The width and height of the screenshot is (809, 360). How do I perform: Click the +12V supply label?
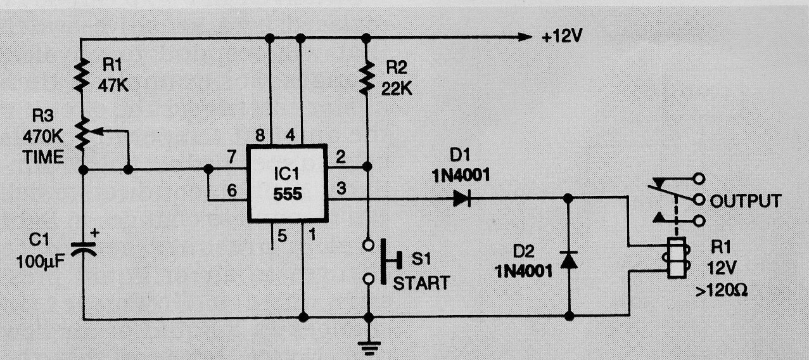pyautogui.click(x=563, y=37)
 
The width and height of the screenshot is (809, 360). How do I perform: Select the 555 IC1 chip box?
pyautogui.click(x=288, y=183)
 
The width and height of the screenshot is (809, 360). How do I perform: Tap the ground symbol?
pyautogui.click(x=369, y=347)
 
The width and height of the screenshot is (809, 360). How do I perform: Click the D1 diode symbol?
pyautogui.click(x=462, y=198)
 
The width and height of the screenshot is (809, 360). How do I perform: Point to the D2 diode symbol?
pyautogui.click(x=568, y=260)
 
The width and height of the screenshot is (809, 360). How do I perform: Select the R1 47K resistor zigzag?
pyautogui.click(x=82, y=75)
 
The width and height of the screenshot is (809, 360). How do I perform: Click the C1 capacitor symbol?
pyautogui.click(x=84, y=249)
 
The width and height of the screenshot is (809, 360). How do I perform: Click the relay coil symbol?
pyautogui.click(x=676, y=258)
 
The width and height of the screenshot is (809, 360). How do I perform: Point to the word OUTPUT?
pyautogui.click(x=746, y=201)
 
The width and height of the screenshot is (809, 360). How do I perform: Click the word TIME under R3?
pyautogui.click(x=43, y=157)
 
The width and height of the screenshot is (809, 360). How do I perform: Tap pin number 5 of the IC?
pyautogui.click(x=282, y=236)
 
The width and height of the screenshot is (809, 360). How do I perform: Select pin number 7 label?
pyautogui.click(x=231, y=157)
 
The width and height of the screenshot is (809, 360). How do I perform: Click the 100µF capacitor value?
pyautogui.click(x=41, y=262)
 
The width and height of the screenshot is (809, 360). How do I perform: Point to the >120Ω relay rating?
pyautogui.click(x=721, y=290)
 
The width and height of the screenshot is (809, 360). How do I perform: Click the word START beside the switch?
pyautogui.click(x=421, y=283)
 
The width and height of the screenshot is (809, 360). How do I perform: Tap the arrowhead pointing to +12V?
pyautogui.click(x=525, y=37)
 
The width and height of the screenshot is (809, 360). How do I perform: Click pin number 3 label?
pyautogui.click(x=341, y=188)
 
